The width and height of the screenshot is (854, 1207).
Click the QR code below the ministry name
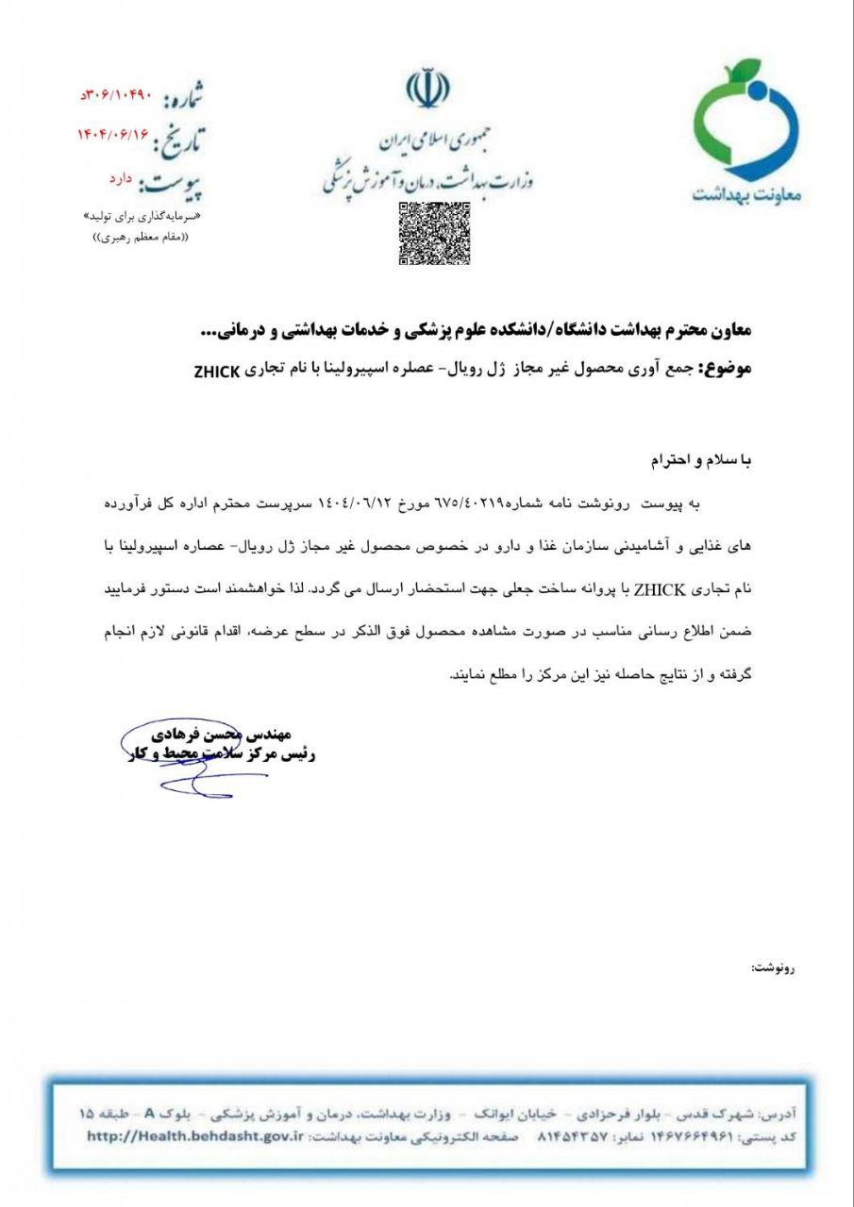[434, 234]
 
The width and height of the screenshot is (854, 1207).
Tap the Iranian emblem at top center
[427, 91]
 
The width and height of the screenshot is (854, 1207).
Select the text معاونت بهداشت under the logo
[745, 193]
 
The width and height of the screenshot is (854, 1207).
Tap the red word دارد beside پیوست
[122, 178]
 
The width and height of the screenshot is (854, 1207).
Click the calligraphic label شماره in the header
[183, 97]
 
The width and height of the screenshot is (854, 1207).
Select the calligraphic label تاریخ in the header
[178, 140]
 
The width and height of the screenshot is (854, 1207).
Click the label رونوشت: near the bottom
[774, 967]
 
